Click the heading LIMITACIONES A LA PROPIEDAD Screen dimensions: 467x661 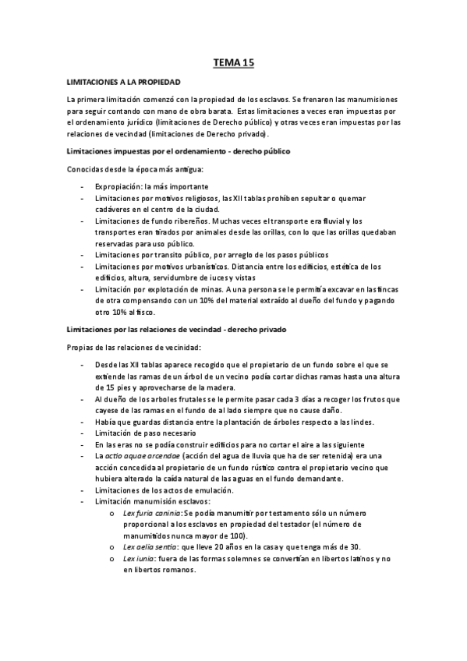124,81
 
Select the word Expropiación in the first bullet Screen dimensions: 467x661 118,188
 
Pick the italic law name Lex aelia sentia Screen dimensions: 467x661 148,548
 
